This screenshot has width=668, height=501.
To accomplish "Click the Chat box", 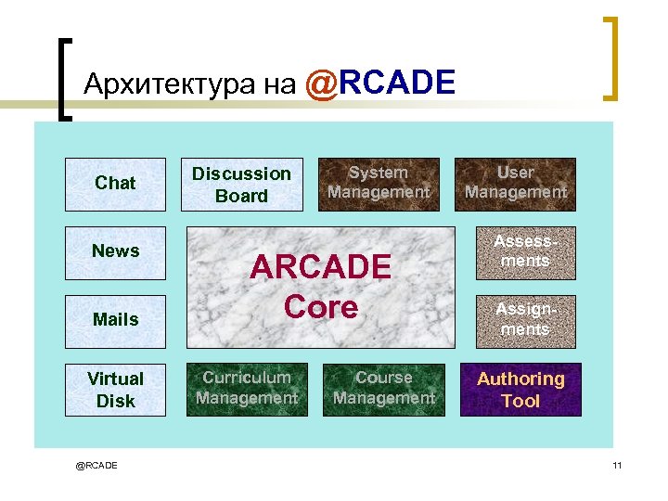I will [x=115, y=184].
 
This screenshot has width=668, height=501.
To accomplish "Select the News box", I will [x=115, y=251].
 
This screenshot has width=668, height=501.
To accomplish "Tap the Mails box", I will [x=115, y=320].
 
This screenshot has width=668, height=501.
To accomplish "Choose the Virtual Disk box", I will [x=115, y=390].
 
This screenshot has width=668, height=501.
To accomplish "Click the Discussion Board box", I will [x=241, y=185].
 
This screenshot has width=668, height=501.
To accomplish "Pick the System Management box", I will [x=379, y=184].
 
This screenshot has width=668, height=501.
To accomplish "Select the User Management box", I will [x=515, y=184].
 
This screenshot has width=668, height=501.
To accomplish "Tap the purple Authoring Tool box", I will [x=520, y=390].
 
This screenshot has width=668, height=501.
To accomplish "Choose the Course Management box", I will [x=384, y=389].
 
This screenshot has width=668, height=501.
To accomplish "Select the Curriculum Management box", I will [x=247, y=389].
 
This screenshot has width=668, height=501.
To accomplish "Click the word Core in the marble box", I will [x=321, y=307].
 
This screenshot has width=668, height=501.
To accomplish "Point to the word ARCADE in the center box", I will [x=321, y=267].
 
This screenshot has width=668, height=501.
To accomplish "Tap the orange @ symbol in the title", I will [x=320, y=84].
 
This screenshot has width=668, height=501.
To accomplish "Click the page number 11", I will [x=617, y=465].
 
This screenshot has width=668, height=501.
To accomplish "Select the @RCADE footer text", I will [x=96, y=465].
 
